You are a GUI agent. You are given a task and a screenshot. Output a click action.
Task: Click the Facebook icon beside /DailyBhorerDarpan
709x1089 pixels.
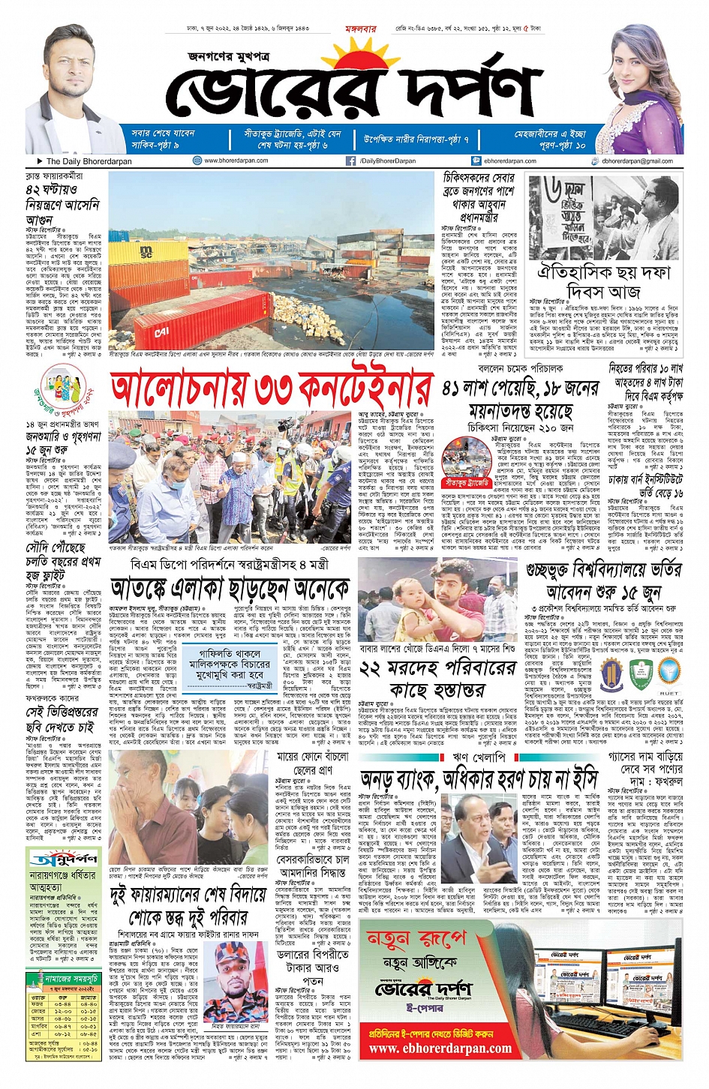point(350,160)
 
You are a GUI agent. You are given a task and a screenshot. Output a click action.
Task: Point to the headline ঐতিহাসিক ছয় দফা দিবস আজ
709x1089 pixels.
point(604,280)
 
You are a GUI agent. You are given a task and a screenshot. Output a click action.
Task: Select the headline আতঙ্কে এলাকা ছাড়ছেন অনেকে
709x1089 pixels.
point(230,589)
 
